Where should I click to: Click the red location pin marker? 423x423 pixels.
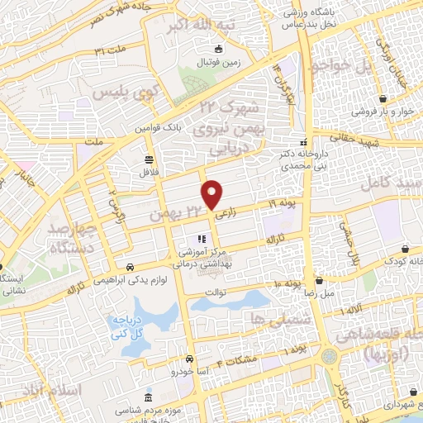[212, 194]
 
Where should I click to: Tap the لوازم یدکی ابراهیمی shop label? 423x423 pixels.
[99, 280]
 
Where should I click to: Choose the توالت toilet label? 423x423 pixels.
[214, 292]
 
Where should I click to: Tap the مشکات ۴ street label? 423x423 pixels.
[242, 359]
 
